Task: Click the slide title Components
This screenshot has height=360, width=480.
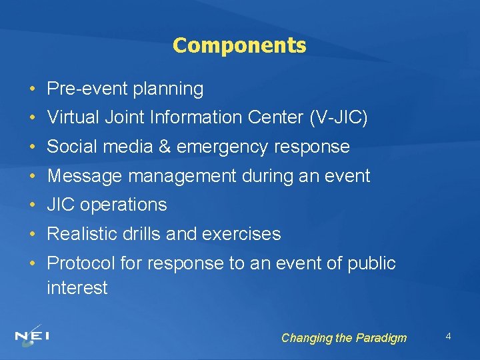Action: [239, 45]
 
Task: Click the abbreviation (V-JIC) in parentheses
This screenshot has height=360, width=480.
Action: [338, 118]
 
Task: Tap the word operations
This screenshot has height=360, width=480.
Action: [123, 205]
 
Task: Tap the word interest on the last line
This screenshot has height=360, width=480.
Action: [77, 288]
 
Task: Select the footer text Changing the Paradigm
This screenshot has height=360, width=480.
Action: [343, 338]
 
